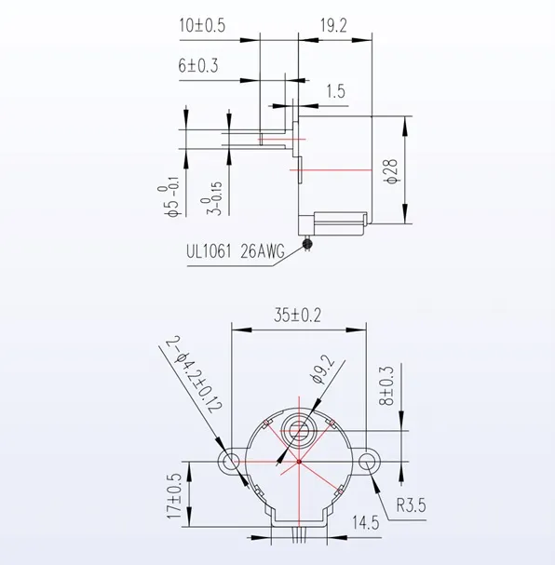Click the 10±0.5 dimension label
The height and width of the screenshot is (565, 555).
pos(202,26)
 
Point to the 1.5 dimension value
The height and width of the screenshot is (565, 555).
pos(337,90)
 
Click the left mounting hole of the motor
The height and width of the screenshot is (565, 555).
pos(229,462)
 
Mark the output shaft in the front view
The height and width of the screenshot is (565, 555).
pos(300,431)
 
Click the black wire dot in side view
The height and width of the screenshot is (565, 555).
pos(308,245)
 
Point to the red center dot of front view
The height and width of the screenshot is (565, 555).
pos(300,462)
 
